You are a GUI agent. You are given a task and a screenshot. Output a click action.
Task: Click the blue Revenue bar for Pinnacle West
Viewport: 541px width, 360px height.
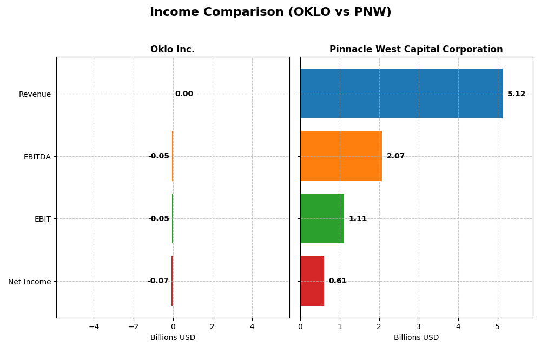[x=401, y=94]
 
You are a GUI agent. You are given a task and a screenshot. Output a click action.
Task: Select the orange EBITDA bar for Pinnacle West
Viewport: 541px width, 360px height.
[x=341, y=156]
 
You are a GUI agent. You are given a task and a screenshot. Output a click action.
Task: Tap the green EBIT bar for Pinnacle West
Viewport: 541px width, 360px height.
[x=322, y=218]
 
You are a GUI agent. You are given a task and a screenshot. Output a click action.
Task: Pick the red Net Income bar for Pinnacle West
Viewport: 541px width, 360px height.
[x=312, y=281]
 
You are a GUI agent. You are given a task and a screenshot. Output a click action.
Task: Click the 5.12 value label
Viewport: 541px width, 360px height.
[x=516, y=94]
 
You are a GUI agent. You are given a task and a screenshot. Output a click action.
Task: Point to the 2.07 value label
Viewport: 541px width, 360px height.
[x=395, y=156]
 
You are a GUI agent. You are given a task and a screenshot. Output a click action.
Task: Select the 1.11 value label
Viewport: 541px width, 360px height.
[x=358, y=219]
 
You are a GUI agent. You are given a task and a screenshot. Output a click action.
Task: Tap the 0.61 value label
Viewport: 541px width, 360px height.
[x=338, y=281]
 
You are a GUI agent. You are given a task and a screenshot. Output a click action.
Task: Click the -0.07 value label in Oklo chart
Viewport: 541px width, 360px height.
[x=158, y=281]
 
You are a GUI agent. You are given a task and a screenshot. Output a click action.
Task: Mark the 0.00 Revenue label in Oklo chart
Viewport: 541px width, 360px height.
[x=184, y=94]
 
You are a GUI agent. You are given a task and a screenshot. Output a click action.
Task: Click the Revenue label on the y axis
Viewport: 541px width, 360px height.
[x=35, y=95]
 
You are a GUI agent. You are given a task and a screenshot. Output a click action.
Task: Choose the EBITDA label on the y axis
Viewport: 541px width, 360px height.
[x=37, y=157]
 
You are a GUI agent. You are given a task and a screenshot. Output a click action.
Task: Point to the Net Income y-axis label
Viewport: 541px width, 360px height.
[x=30, y=282]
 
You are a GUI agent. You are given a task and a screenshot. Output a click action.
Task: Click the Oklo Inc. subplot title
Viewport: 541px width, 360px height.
[x=173, y=50]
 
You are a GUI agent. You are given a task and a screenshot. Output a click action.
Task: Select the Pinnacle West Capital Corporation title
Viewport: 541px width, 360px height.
[x=416, y=50]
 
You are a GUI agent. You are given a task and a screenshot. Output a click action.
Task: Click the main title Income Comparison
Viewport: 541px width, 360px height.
[x=270, y=12]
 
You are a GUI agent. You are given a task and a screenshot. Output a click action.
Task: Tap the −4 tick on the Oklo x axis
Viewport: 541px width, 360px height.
[x=94, y=326]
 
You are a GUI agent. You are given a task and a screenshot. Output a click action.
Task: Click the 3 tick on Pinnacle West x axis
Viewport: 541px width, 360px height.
[x=418, y=326]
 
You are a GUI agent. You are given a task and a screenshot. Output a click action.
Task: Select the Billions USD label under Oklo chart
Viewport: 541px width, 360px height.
[x=173, y=338]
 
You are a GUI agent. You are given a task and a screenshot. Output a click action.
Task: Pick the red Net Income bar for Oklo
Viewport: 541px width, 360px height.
[x=172, y=281]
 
